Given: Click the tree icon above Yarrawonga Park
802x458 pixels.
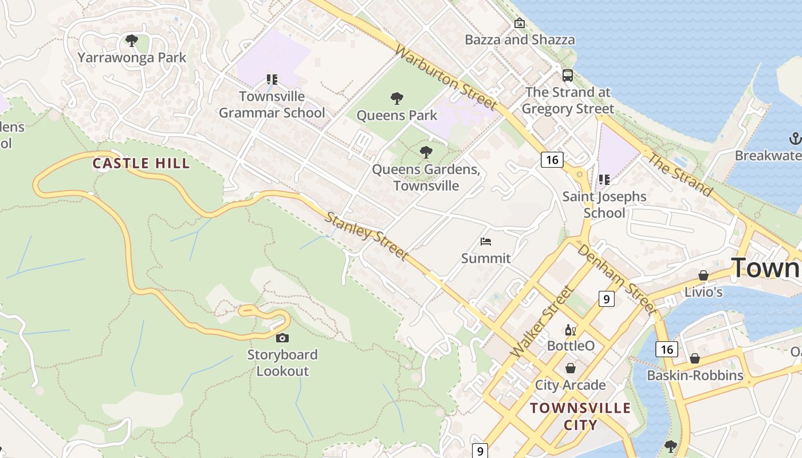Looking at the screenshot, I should (132, 41).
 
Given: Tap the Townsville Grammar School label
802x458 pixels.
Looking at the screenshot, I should (272, 104).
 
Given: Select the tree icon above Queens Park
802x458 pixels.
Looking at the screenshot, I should (396, 98).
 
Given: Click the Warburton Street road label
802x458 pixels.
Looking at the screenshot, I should (446, 78).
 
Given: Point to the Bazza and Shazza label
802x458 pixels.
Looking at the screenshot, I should (520, 40).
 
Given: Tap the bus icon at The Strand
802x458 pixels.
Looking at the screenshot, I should (568, 75).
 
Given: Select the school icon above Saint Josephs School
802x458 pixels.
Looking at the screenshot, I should (604, 180).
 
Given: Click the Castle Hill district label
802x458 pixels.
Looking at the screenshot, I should (141, 163).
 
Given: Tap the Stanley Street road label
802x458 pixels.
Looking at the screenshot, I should (367, 235).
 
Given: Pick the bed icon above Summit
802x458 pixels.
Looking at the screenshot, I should (486, 241).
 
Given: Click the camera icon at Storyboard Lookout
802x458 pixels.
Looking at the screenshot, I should (282, 338).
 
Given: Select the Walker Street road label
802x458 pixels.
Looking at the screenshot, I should (541, 322).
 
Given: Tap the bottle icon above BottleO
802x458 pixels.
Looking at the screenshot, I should (571, 330).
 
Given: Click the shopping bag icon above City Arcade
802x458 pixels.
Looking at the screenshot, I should (571, 368).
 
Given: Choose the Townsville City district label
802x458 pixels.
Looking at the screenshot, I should (580, 416).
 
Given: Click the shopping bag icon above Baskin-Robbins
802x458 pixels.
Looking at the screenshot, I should (694, 359).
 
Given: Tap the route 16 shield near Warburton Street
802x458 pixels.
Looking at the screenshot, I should (552, 160).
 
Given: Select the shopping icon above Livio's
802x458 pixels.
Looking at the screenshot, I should (703, 275).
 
